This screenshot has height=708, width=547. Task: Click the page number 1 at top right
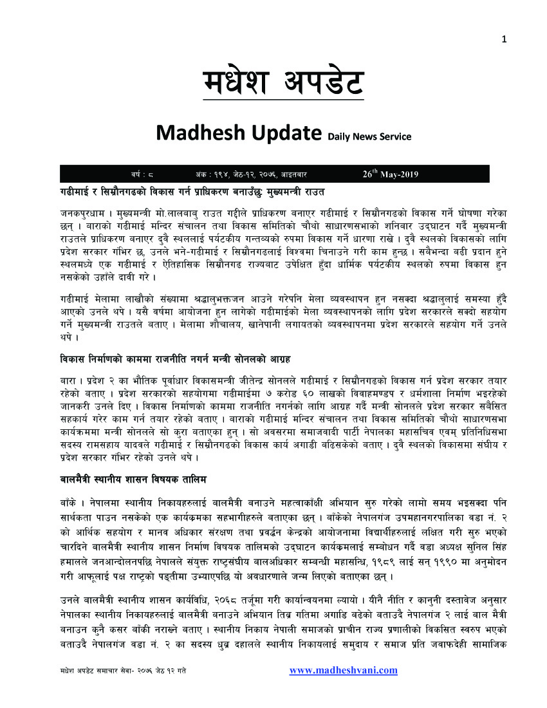point(505,39)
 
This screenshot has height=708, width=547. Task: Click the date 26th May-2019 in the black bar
point(391,174)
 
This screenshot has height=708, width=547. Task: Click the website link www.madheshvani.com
point(343,670)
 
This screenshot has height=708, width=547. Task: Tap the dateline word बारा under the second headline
point(66,377)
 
